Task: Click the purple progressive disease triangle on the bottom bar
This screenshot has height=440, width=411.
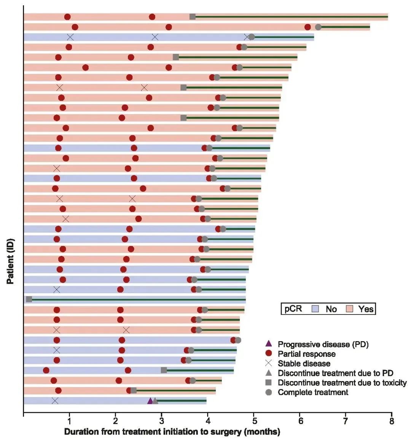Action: pyautogui.click(x=150, y=401)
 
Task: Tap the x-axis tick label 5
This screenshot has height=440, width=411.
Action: pyautogui.click(x=253, y=421)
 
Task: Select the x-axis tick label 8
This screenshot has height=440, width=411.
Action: pyautogui.click(x=392, y=421)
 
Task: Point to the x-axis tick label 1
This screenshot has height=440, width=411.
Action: pyautogui.click(x=69, y=421)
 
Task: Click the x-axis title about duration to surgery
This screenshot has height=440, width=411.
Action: pyautogui.click(x=172, y=432)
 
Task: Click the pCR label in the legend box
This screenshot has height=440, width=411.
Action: pyautogui.click(x=293, y=309)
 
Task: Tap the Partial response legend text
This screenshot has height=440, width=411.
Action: pyautogui.click(x=307, y=354)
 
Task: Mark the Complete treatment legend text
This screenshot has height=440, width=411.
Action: pyautogui.click(x=313, y=392)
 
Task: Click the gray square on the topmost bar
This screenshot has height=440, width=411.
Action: pyautogui.click(x=193, y=16)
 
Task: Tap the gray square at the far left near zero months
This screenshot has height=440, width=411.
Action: pyautogui.click(x=29, y=299)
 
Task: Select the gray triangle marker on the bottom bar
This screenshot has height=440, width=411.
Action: pyautogui.click(x=155, y=401)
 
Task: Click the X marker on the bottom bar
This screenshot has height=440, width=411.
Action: pyautogui.click(x=55, y=401)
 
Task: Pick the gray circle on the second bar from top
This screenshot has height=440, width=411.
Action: pyautogui.click(x=318, y=27)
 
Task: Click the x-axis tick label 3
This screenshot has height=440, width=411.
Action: pyautogui.click(x=161, y=421)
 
